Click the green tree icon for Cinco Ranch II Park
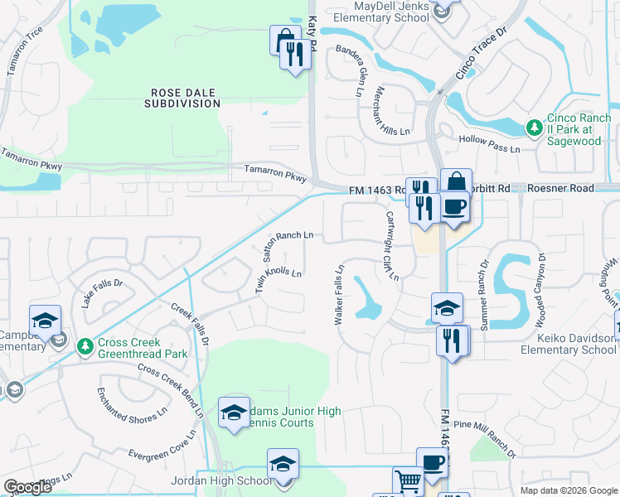click(535, 128)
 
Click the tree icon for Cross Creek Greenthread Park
click(84, 345)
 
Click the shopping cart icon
click(407, 481)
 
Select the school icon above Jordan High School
click(283, 463)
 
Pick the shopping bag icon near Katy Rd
click(283, 39)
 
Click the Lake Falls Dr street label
click(102, 294)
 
